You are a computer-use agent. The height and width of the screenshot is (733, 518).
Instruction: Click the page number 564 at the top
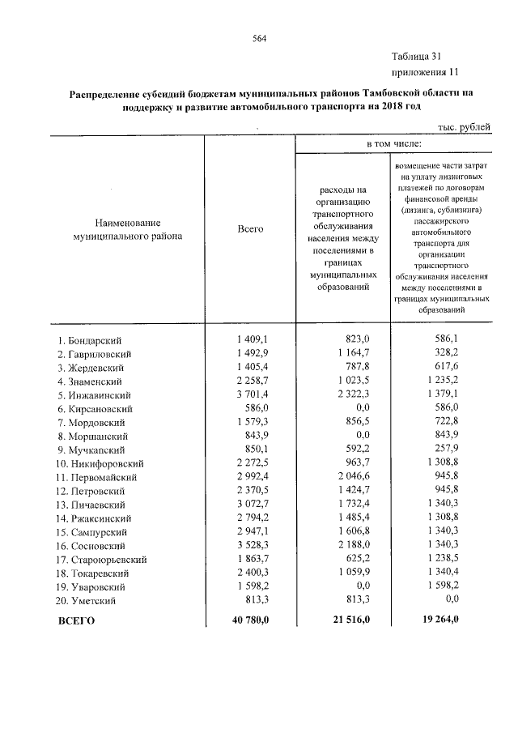coord(259,39)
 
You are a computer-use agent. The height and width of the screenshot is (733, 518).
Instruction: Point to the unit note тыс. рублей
coord(464,126)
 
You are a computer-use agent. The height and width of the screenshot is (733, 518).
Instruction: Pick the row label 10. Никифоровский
coord(100,464)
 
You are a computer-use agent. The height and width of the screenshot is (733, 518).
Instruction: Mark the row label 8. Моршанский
coord(91,437)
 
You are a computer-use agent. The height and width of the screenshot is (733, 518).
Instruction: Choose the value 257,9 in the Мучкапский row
coord(444,450)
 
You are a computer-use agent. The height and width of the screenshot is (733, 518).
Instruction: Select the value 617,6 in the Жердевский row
coord(444,367)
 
